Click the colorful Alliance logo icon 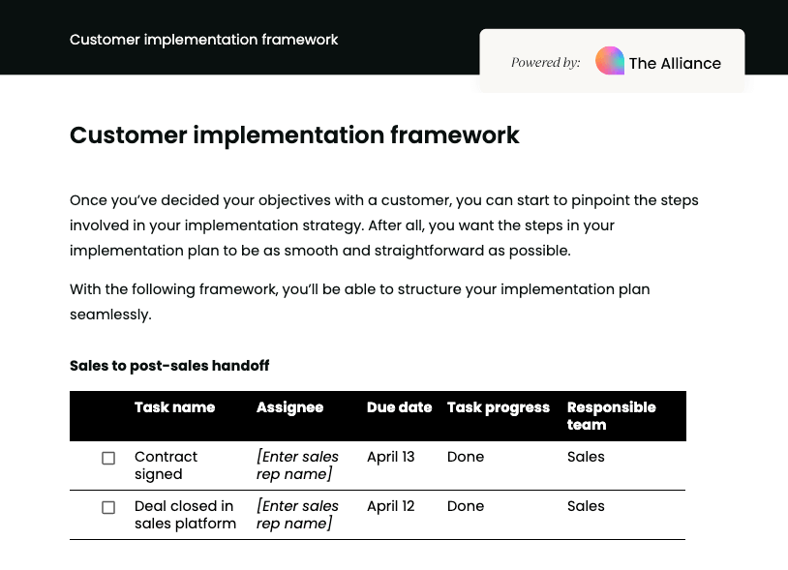[610, 61]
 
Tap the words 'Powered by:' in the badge [546, 63]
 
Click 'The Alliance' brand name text [675, 63]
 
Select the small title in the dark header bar [204, 40]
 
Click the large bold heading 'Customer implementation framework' [294, 135]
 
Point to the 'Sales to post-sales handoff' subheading [169, 366]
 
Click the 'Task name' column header [174, 407]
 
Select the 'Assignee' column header [289, 407]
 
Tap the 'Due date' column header [399, 407]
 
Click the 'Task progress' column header [499, 407]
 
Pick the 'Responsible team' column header [611, 416]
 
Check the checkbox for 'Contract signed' [108, 458]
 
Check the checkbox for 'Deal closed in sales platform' [108, 507]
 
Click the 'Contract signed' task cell [166, 465]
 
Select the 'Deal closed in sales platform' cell [185, 515]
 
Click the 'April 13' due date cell [390, 457]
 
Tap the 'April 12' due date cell [390, 506]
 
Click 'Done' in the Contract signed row [466, 457]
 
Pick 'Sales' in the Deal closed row [586, 506]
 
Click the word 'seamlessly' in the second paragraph [109, 315]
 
